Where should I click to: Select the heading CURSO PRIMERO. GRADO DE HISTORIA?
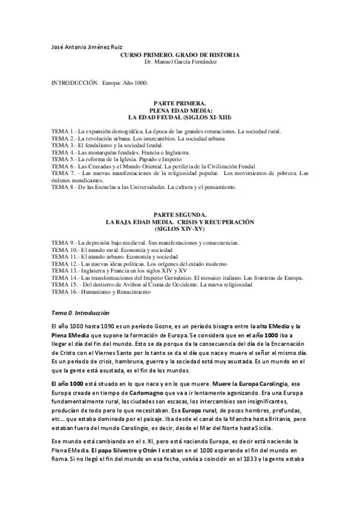[180, 55]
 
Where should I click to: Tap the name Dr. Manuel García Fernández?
[180, 61]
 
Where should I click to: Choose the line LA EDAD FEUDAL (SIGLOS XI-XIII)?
[180, 117]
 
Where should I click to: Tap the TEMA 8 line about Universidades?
[144, 187]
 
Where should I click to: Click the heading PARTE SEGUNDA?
[180, 215]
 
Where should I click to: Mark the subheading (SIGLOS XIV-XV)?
[180, 229]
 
